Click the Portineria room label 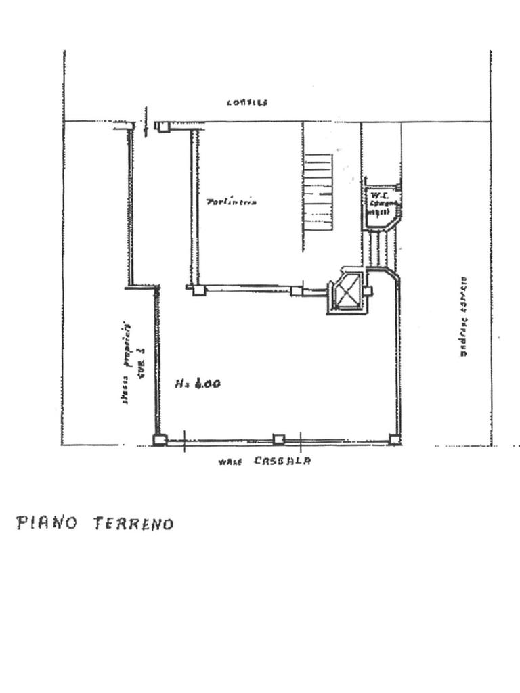tap(232, 201)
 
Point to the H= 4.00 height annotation tap(198, 384)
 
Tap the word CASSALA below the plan tap(282, 461)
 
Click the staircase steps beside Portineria tap(318, 194)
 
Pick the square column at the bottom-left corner tap(160, 440)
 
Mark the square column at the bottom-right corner tap(394, 439)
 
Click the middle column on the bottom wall tap(278, 439)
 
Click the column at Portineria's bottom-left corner tap(198, 290)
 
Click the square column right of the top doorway tap(162, 127)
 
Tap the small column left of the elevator tap(297, 291)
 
